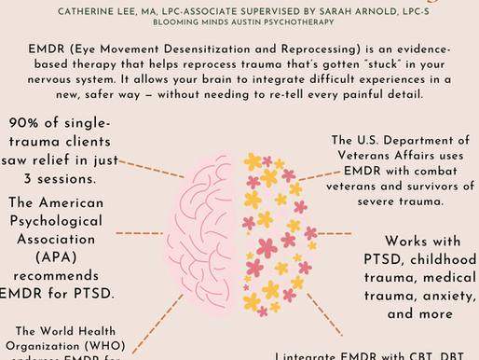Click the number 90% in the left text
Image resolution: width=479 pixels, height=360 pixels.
(28, 123)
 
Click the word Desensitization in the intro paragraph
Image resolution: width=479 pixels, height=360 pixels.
(194, 46)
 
